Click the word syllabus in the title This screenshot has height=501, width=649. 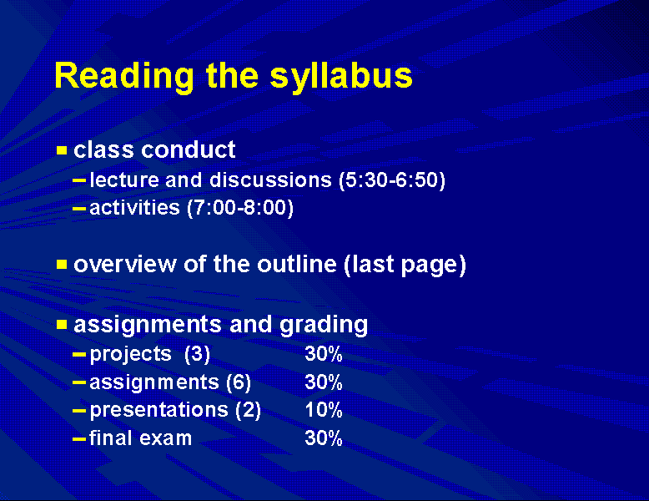(341, 77)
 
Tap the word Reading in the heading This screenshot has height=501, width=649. (124, 77)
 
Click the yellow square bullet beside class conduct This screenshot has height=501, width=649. (62, 149)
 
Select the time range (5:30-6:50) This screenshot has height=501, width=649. (392, 180)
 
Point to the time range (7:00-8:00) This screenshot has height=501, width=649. (240, 208)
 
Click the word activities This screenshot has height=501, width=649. (134, 207)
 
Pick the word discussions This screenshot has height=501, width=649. (270, 180)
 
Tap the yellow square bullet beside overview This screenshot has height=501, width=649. (62, 265)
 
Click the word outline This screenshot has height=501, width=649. (297, 264)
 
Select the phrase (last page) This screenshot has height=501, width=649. (405, 266)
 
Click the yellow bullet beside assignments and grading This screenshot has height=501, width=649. (62, 324)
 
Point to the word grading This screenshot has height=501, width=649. (324, 325)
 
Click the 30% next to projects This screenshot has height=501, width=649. (324, 354)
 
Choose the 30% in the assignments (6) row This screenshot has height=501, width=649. (324, 382)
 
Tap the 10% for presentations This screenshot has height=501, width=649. (324, 410)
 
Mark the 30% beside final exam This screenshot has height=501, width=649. (324, 438)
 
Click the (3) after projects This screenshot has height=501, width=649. (198, 355)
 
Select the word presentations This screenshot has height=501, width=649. (159, 411)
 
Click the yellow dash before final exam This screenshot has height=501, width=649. (79, 438)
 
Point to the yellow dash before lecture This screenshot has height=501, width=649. (79, 180)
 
